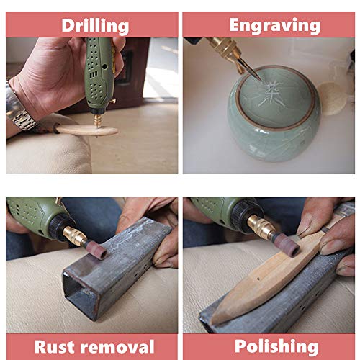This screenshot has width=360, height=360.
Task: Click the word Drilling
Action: [95, 26]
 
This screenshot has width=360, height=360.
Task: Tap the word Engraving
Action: [275, 25]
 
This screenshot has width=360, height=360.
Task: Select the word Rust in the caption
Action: [54, 347]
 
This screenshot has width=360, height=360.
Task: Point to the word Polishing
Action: [276, 347]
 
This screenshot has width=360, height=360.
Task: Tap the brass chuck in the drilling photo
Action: [99, 120]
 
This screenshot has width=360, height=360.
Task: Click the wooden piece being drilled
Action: [87, 131]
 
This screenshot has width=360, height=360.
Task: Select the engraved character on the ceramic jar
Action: [271, 93]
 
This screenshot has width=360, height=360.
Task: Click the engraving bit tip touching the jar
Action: [261, 80]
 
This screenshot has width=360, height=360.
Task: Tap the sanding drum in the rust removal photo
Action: [96, 249]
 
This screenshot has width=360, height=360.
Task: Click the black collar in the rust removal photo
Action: [59, 226]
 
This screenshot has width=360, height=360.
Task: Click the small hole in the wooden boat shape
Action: [258, 279]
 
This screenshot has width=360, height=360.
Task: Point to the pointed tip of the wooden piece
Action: [212, 321]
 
